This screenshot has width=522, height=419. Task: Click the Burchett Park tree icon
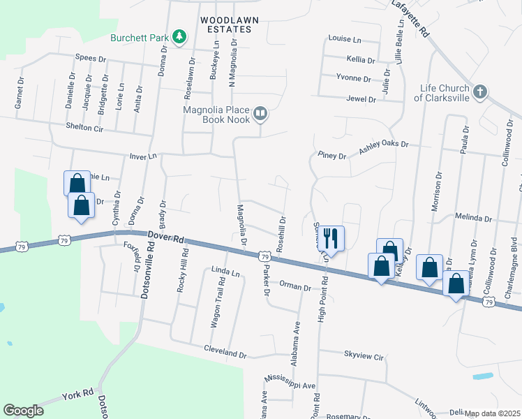coord(179,36)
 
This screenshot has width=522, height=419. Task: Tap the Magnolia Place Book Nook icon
coord(260,113)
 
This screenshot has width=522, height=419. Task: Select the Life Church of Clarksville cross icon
coord(480,92)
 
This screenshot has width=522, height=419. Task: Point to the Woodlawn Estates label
coord(225,24)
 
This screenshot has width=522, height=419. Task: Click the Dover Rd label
coord(166,238)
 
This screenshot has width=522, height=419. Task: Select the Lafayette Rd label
coord(410,18)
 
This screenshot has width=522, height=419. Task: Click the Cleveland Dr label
coord(225,354)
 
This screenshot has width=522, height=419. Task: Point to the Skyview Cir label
coord(364,356)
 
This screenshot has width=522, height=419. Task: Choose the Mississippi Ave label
coord(290,381)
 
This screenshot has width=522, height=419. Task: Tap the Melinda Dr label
coord(473,218)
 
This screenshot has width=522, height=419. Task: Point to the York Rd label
coord(77,393)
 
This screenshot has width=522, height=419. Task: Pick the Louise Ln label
coord(345,39)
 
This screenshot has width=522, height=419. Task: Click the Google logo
coord(23,411)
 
